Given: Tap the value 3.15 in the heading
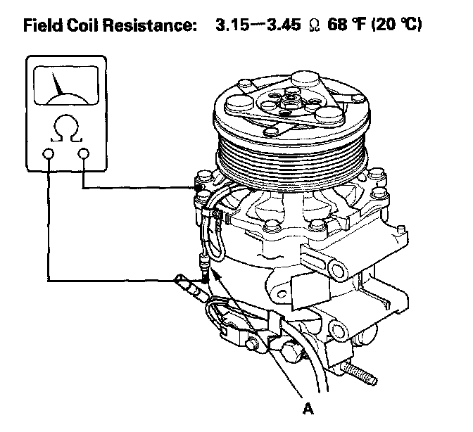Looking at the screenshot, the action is pos(232,25).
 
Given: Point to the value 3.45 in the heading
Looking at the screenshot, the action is pos(284,25).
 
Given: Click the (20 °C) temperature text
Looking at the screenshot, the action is pos(397,25).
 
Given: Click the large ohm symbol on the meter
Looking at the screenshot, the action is pos(66,129).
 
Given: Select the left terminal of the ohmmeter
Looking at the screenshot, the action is pos(49,154).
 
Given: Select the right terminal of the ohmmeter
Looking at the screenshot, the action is pos(84,154).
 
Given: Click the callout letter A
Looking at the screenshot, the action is pos(308,409).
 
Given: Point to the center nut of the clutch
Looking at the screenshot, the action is pos(291,99).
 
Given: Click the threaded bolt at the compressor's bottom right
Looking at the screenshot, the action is pos(360,374).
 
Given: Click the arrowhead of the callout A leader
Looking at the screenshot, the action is pos(216,274).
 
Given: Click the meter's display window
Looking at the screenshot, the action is pos(66,86).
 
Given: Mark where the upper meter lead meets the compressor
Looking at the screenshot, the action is pos(197,188).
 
